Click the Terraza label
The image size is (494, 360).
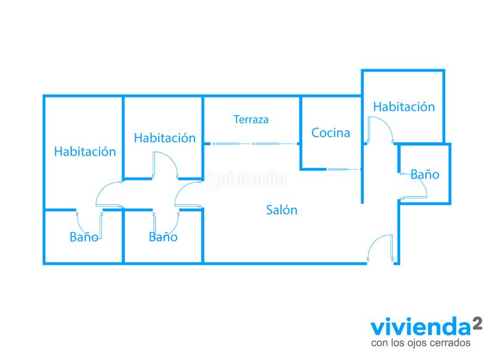click(x=251, y=119)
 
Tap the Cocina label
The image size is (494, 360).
click(x=330, y=133)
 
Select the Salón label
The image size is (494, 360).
click(x=282, y=210)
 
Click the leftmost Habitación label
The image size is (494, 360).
click(x=85, y=151)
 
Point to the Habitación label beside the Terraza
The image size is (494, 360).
click(x=165, y=138)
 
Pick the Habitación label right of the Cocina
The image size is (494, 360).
click(x=404, y=107)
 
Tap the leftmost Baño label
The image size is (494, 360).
click(x=84, y=237)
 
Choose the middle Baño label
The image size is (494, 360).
click(x=163, y=237)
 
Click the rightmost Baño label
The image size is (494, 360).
click(x=425, y=174)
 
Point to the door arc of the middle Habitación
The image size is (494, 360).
click(x=171, y=159)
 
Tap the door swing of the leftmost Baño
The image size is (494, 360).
click(x=83, y=228)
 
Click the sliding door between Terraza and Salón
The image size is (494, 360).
click(x=254, y=144)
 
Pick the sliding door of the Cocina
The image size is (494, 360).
click(x=343, y=169)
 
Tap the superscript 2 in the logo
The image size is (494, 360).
click(x=477, y=324)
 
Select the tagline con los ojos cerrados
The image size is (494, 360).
click(x=421, y=343)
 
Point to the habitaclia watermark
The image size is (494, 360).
click(x=246, y=180)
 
